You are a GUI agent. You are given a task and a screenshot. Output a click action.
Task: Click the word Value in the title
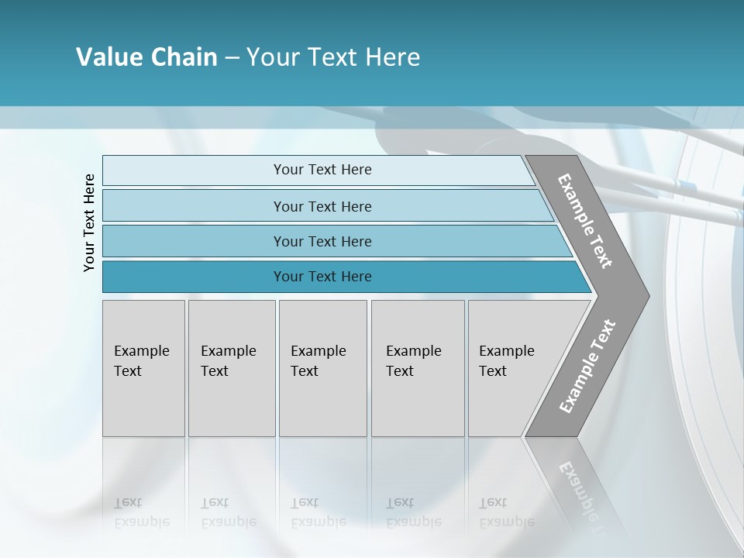click(x=108, y=57)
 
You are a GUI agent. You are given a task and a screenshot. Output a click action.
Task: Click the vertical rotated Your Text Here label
click(x=89, y=222)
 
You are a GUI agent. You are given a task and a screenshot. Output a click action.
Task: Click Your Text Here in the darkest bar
click(x=322, y=277)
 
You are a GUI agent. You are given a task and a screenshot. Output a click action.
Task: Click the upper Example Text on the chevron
click(x=585, y=221)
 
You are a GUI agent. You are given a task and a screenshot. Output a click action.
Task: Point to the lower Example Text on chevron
click(x=587, y=366)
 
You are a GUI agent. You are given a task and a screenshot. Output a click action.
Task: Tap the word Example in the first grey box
click(x=141, y=351)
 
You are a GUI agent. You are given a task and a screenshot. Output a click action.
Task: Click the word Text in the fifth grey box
click(x=493, y=371)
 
